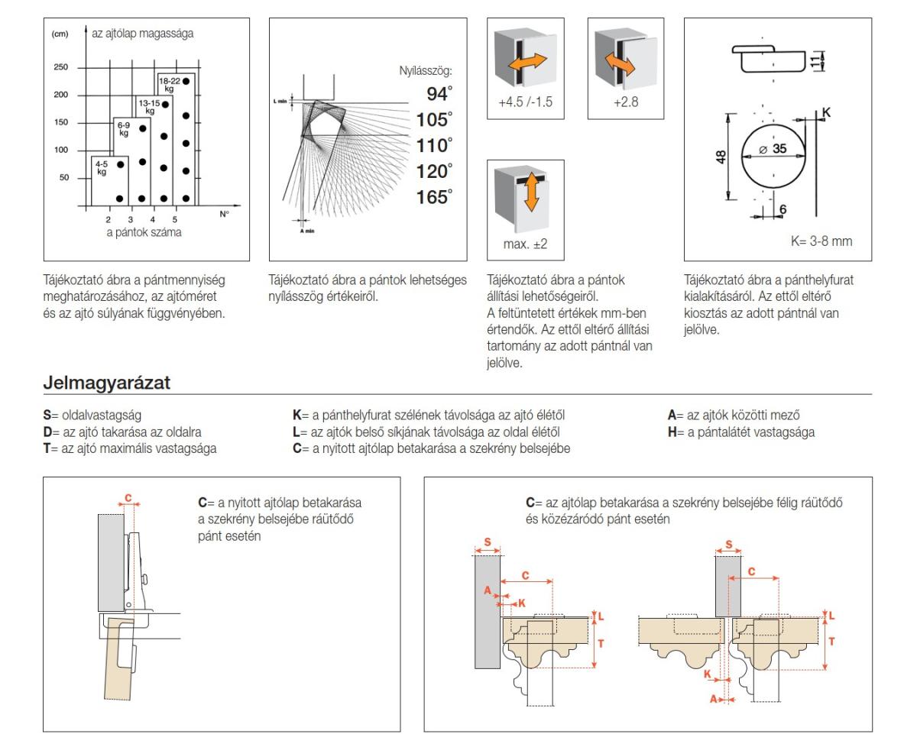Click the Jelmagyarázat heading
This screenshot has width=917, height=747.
(107, 383)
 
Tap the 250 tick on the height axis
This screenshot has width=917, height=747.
(60, 67)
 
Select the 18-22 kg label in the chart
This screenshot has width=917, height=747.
(169, 84)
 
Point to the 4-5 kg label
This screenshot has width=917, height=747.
(102, 167)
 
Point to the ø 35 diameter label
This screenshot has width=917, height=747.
(773, 149)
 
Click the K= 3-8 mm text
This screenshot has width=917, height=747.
(821, 241)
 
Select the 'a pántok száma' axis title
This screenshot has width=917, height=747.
(144, 232)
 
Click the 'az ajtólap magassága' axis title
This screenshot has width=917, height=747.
(143, 34)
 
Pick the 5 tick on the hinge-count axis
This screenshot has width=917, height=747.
(175, 219)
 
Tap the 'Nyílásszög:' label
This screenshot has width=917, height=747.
(426, 71)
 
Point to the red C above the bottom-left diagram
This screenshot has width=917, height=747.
(128, 499)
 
